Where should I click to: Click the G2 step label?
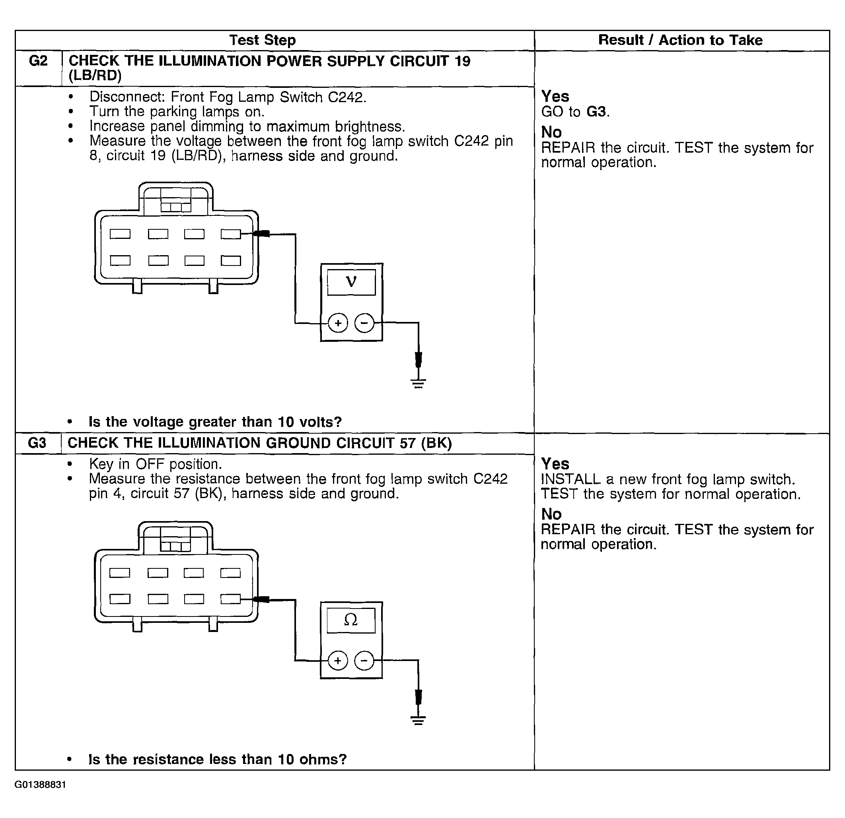pos(38,61)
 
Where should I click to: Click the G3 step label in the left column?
pos(37,443)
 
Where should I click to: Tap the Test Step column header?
pos(263,40)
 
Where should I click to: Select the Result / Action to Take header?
pos(680,40)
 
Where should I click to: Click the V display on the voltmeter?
pos(351,283)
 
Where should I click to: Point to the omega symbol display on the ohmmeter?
pos(351,620)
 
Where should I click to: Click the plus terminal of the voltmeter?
pos(338,323)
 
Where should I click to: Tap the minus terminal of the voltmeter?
pos(364,323)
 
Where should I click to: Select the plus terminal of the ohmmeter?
pos(338,661)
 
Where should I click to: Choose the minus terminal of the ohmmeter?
pos(364,661)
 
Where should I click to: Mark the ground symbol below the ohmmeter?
pos(418,721)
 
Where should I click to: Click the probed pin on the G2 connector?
pos(231,234)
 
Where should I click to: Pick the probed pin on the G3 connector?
pos(230,599)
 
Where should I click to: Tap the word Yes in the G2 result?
pos(555,96)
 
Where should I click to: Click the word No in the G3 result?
pos(551,514)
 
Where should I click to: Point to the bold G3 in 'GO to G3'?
pos(597,112)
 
